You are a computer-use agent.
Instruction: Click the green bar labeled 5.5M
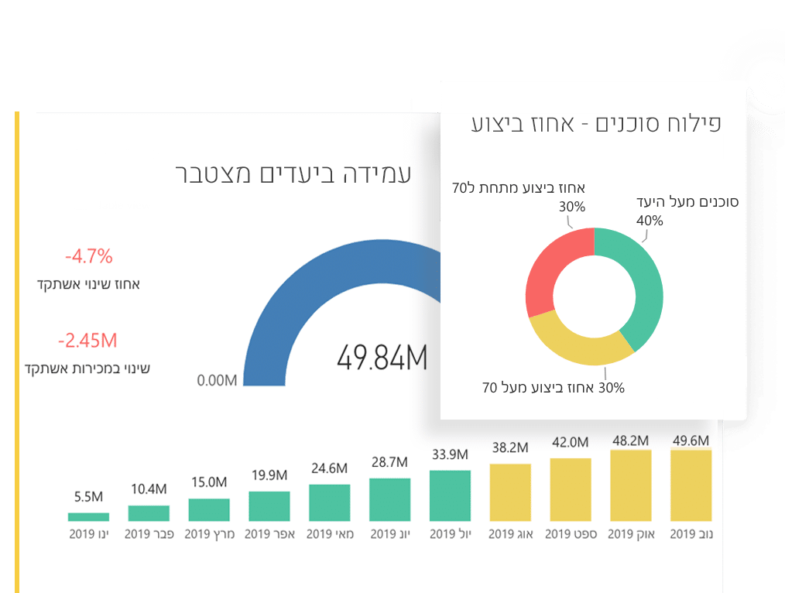click(x=88, y=516)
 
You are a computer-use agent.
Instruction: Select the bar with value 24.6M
click(x=330, y=502)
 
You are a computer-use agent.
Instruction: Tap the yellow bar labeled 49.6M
click(x=691, y=485)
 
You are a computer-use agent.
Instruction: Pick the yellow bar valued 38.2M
click(x=510, y=492)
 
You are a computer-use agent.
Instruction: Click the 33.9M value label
click(x=450, y=454)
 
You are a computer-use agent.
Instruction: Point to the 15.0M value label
click(x=209, y=482)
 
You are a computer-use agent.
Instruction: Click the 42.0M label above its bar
click(x=571, y=442)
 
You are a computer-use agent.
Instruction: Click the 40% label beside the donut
click(x=650, y=221)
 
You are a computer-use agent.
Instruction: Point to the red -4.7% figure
click(x=89, y=255)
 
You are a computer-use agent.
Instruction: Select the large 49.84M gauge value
click(x=382, y=358)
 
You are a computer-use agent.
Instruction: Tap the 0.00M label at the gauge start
click(x=217, y=380)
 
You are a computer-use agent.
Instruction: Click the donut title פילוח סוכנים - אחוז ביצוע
click(x=596, y=124)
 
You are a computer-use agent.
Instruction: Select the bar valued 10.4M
click(x=149, y=512)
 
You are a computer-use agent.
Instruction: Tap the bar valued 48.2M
click(x=631, y=485)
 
